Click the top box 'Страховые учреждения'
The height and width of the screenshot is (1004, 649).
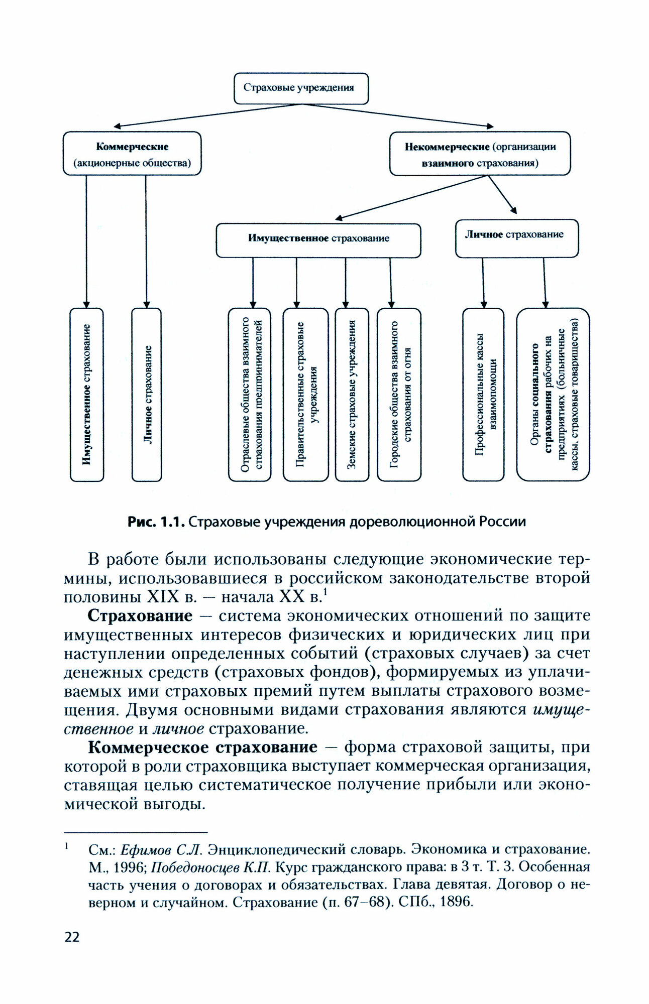301,88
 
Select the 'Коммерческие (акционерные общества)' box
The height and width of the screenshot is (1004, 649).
132,154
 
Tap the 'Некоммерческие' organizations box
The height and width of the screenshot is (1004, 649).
480,154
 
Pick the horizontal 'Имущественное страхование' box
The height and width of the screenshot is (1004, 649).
318,239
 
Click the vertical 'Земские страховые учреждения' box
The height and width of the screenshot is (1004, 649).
352,395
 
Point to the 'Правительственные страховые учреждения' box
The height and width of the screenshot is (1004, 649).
305,395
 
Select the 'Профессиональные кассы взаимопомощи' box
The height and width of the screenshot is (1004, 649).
483,395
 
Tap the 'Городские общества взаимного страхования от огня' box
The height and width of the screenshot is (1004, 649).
399,395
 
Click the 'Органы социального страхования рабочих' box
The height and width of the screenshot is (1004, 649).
553,395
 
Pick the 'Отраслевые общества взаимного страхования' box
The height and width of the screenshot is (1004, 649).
250,395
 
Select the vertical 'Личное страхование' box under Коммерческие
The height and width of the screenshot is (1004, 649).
147,395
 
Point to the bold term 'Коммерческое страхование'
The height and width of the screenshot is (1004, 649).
203,747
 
